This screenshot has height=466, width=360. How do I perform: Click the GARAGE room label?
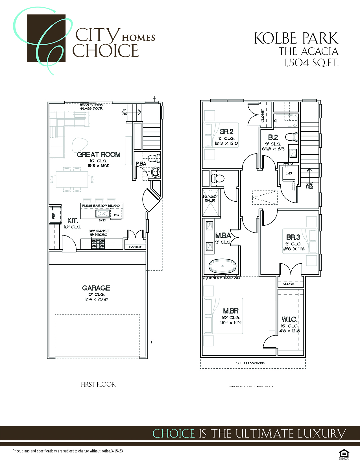[x=96, y=288]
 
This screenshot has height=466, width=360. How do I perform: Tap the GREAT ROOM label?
[x=99, y=154]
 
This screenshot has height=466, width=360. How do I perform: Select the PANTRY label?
[x=135, y=247]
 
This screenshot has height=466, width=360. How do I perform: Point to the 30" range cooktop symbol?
[x=98, y=243]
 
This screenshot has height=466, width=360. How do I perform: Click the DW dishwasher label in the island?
[x=117, y=215]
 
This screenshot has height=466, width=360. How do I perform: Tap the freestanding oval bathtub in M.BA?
[x=222, y=266]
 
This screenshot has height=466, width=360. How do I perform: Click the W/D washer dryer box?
[x=288, y=173]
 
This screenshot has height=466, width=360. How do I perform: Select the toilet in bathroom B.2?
[x=292, y=137]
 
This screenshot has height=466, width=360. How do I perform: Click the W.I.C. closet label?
[x=289, y=319]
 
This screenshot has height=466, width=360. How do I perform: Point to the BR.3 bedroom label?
[x=293, y=237]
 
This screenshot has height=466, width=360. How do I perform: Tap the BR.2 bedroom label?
[x=226, y=132]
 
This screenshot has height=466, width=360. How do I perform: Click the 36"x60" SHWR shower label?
[x=210, y=198]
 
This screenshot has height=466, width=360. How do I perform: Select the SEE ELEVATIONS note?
[x=250, y=363]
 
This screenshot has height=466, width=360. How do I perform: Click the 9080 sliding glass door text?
[x=91, y=106]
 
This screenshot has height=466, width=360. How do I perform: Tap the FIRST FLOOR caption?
[x=98, y=385]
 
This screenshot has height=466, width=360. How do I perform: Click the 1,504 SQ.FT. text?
[x=311, y=63]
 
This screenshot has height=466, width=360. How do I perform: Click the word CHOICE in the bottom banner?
[x=174, y=434]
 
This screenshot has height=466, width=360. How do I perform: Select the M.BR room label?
[x=231, y=311]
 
